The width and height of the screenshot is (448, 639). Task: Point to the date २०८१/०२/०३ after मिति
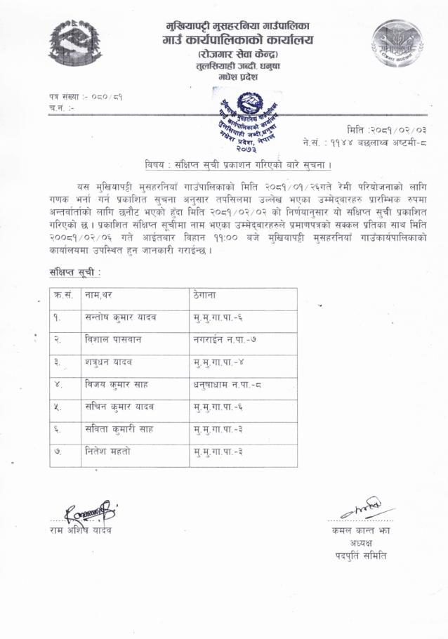coord(400,129)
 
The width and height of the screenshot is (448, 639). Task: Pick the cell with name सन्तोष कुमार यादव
coord(119,317)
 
